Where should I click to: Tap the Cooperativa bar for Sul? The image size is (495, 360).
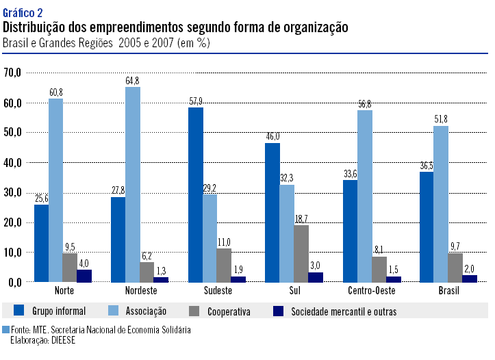[x=301, y=253]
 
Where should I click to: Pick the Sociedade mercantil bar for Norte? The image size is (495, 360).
[x=84, y=275]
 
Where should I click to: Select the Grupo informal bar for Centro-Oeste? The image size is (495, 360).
[x=350, y=231]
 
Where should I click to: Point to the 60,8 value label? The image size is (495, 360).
[x=55, y=92]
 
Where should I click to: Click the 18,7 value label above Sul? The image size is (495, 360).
[x=301, y=218]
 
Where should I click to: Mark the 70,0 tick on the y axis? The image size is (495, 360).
[x=13, y=72]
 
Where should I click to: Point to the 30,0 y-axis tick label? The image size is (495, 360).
[x=13, y=192]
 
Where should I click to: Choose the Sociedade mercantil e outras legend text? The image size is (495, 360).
[x=344, y=311]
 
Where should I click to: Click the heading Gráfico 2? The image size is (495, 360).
[x=23, y=12]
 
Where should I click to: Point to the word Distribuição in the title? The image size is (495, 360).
[x=36, y=27]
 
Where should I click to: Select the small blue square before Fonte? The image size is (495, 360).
[x=6, y=329]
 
